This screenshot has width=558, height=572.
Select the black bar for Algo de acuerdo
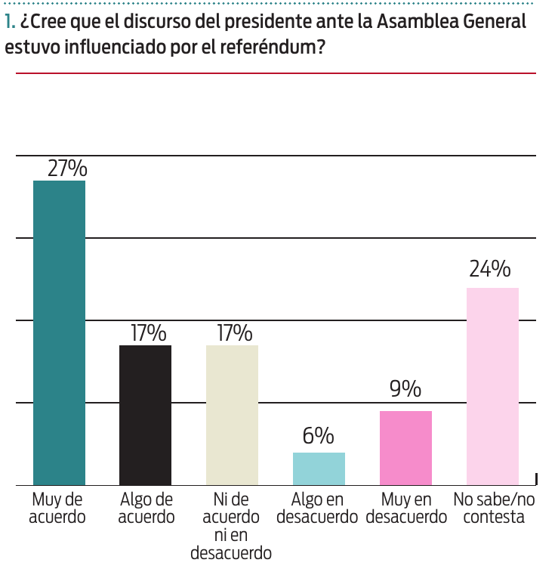click(146, 415)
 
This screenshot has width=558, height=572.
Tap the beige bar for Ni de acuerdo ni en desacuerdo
click(233, 415)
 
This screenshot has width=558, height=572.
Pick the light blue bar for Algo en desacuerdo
click(319, 468)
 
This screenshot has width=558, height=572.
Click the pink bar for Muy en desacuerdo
click(405, 447)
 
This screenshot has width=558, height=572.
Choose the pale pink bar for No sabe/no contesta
click(492, 386)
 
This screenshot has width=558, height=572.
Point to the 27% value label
click(67, 168)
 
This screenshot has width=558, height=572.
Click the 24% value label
click(490, 269)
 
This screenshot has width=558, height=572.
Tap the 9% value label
click(405, 389)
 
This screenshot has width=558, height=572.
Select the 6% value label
click(319, 436)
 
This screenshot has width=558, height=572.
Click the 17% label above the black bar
click(148, 333)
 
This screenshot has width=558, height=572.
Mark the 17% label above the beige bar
click(234, 333)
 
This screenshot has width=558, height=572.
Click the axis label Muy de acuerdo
click(57, 509)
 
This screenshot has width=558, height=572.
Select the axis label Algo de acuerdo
click(146, 509)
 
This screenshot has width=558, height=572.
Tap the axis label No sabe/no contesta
click(493, 509)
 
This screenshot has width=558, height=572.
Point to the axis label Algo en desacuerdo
click(317, 509)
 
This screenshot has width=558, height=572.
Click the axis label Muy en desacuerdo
click(406, 509)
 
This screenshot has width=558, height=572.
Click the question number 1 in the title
click(9, 23)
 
